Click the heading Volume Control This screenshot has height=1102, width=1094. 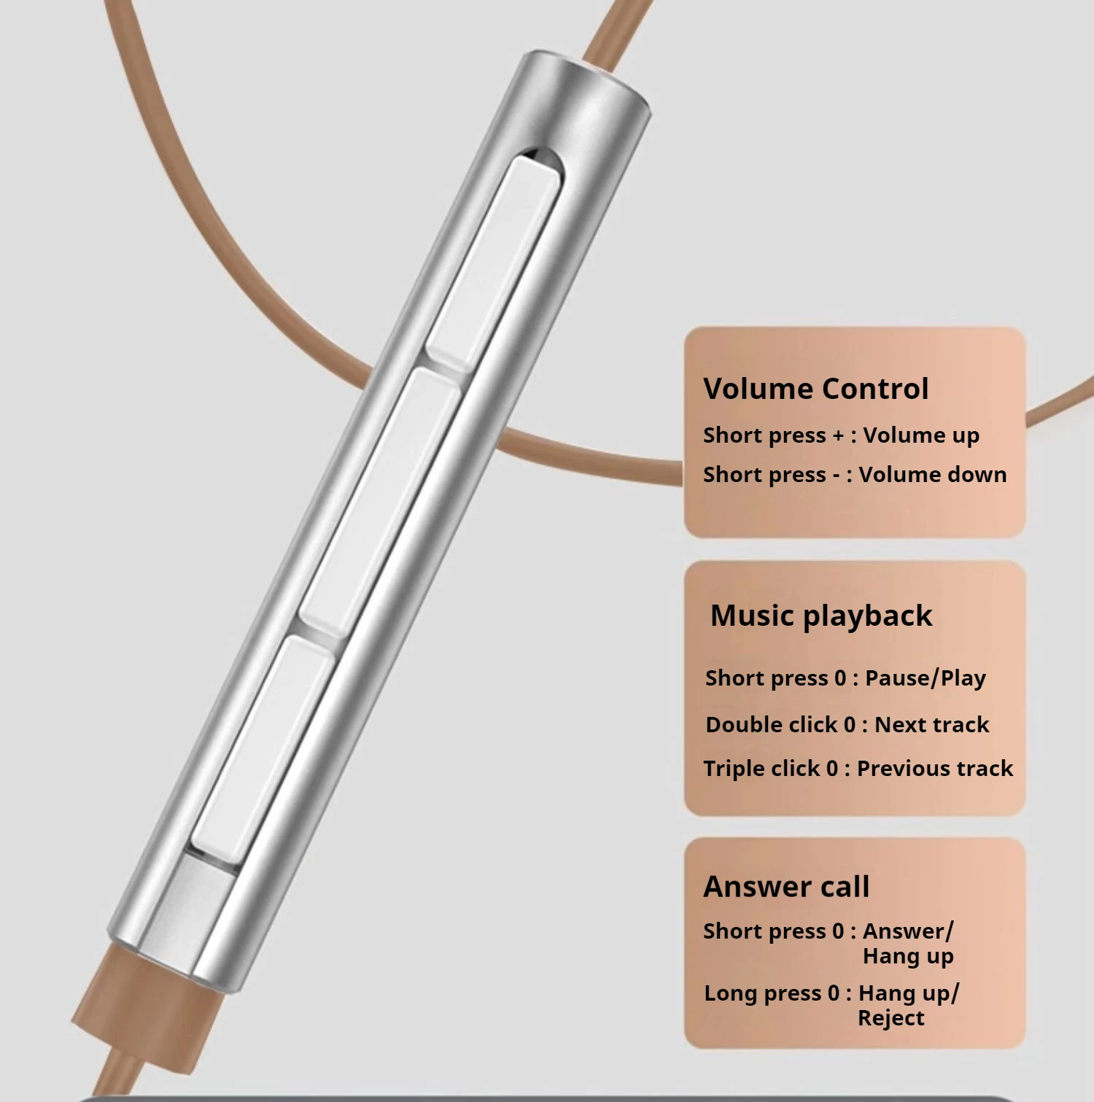(815, 389)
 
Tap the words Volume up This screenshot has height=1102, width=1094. (921, 435)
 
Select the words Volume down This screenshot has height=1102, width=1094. (933, 475)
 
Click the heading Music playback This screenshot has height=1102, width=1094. (821, 616)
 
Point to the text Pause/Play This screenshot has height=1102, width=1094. (926, 678)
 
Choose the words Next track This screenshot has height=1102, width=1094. (931, 724)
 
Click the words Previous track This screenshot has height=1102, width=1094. (935, 768)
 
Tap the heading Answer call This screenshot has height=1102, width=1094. (786, 887)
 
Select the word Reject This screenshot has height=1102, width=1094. (891, 1018)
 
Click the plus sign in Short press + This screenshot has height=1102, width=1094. (838, 435)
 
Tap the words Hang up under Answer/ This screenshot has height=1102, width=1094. (908, 956)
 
